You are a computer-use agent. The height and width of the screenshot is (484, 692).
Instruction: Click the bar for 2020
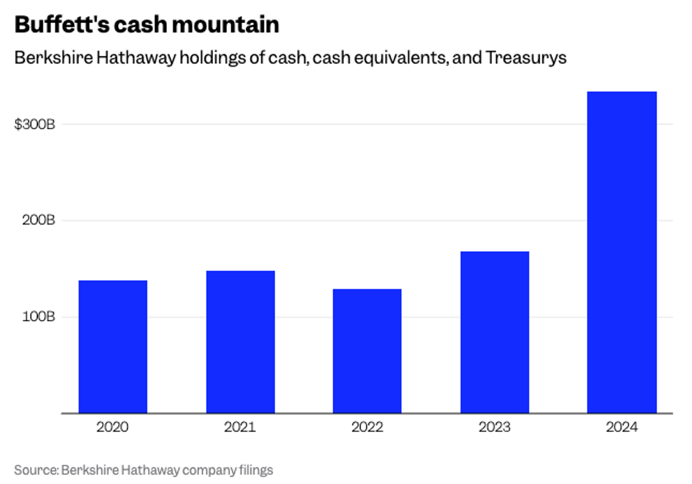point(113,346)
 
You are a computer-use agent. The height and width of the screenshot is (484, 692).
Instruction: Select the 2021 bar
point(240,342)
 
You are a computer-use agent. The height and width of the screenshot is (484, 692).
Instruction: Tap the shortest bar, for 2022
point(367,351)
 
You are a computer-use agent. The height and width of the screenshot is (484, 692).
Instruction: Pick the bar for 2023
point(495,332)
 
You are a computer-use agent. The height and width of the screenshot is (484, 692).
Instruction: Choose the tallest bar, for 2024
point(622,252)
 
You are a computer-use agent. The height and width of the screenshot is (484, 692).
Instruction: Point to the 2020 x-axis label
point(113,427)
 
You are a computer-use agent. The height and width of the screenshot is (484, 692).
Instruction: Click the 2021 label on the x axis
point(240,427)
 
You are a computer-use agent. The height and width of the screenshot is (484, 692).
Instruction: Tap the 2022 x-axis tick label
point(367,427)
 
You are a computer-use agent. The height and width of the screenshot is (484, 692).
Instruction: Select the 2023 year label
point(495,427)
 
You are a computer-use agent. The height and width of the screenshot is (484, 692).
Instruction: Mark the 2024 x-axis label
point(622,427)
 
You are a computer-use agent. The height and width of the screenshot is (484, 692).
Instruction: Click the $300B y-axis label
point(35,125)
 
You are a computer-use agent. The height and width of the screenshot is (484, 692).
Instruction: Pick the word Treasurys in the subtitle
point(529,59)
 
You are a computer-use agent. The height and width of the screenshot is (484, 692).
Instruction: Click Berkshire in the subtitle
point(44,59)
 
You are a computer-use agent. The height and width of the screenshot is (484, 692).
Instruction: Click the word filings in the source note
point(254,470)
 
